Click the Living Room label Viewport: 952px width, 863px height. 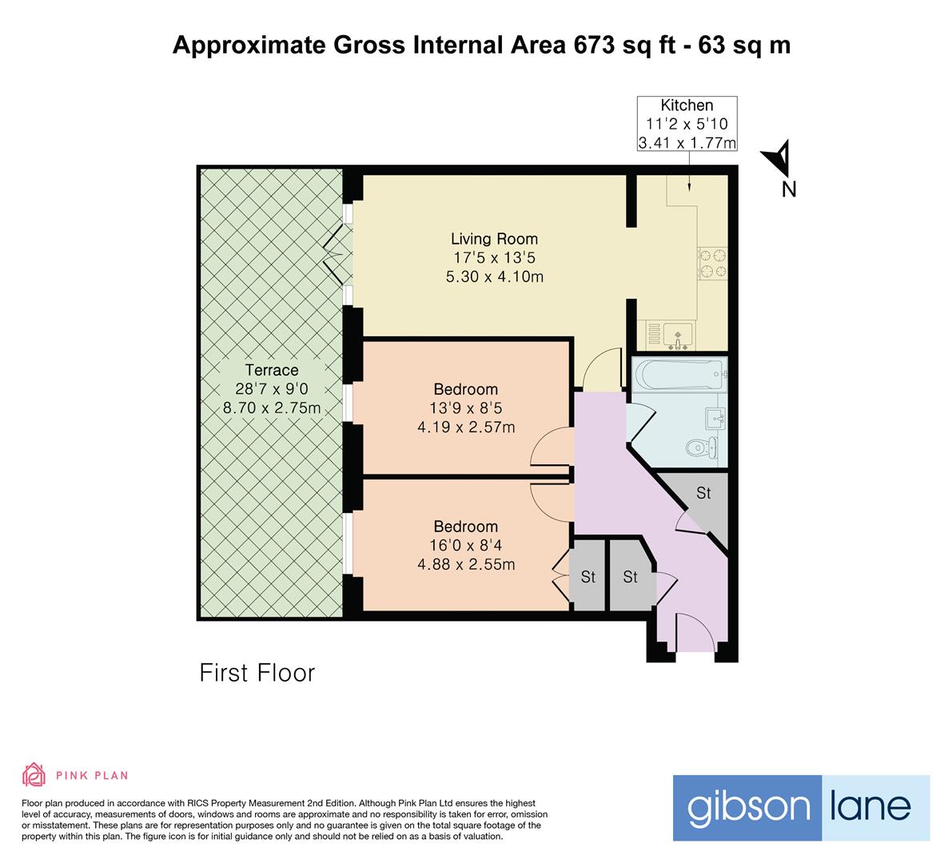tap(494, 239)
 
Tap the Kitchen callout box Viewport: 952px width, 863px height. tap(686, 124)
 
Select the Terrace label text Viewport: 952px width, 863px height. tap(272, 370)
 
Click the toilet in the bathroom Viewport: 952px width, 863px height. tap(701, 447)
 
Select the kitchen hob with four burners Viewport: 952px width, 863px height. tap(711, 264)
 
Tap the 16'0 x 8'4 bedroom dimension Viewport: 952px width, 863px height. tap(466, 546)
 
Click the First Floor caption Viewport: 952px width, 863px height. tap(257, 673)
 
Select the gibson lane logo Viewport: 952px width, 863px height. tap(801, 807)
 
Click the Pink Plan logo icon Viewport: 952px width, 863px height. tap(34, 774)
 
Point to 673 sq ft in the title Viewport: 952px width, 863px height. tap(616, 45)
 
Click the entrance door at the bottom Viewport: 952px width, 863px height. tap(693, 631)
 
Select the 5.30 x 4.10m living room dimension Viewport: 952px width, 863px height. tap(494, 277)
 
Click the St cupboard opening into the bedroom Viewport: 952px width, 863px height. tap(587, 576)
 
